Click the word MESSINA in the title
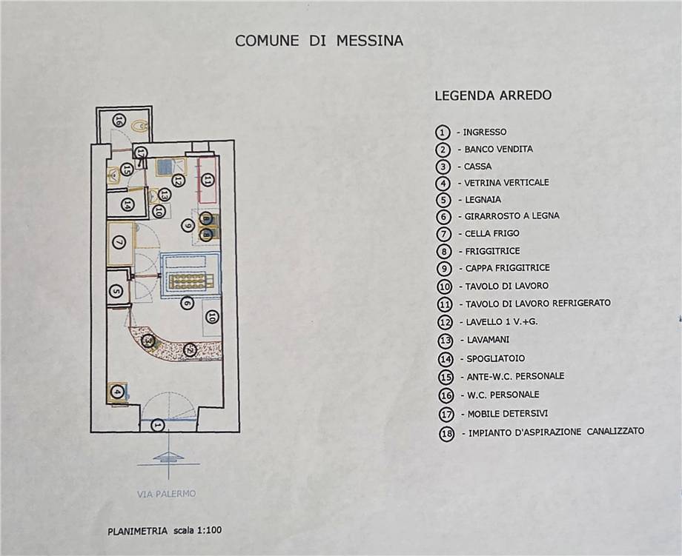[x=370, y=41]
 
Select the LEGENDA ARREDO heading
[x=493, y=96]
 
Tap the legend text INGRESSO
[x=485, y=132]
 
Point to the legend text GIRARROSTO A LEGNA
[x=512, y=216]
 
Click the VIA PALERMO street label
[x=167, y=494]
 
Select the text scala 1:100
[x=198, y=530]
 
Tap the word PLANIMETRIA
[x=137, y=531]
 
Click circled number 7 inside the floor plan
[x=119, y=242]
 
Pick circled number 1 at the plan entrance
[x=158, y=425]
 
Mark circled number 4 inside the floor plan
[x=116, y=392]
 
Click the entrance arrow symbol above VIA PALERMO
[x=168, y=457]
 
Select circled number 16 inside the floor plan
[x=117, y=121]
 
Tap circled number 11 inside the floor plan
[x=208, y=179]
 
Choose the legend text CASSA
[x=477, y=167]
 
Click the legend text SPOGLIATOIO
[x=495, y=359]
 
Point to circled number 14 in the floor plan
[x=128, y=204]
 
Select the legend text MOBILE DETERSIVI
[x=508, y=414]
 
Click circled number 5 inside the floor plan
[x=116, y=291]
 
